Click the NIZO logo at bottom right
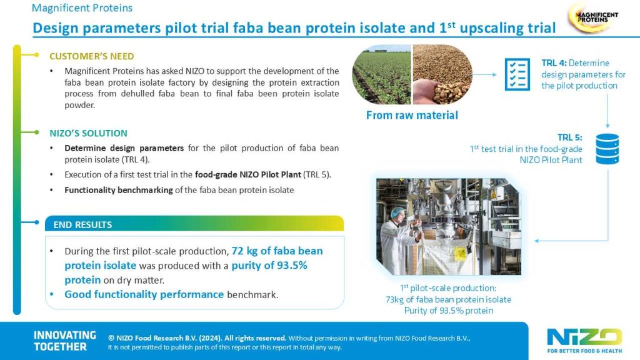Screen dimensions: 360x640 click(584, 340)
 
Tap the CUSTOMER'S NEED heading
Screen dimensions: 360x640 click(92, 56)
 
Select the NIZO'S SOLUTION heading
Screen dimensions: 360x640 click(88, 133)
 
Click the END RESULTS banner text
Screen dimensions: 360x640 click(82, 224)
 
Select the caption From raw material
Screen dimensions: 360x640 click(412, 115)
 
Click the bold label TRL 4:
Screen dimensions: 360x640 click(554, 63)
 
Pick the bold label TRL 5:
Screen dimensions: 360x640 click(570, 137)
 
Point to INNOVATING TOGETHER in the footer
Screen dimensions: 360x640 click(65, 341)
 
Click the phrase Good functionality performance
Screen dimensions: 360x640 click(144, 294)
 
